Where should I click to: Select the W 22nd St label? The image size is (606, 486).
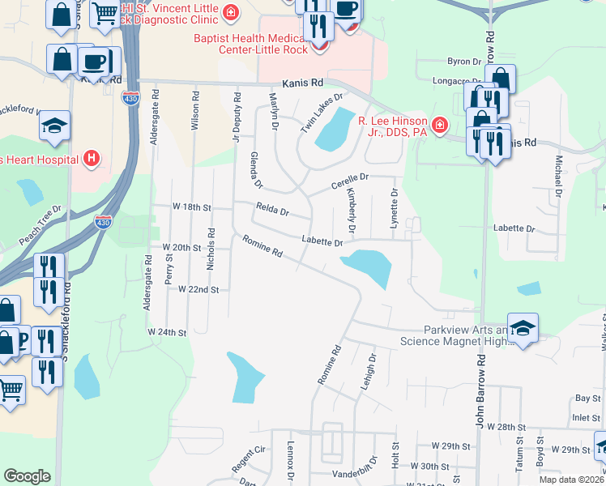point(198,289)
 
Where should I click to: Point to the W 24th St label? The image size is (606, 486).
point(167,332)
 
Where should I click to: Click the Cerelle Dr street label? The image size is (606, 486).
point(350,180)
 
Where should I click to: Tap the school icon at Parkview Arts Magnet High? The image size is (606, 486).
point(523,328)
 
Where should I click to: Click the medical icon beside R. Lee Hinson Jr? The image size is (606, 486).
point(439,125)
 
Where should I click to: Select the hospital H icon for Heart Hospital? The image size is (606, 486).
point(92,158)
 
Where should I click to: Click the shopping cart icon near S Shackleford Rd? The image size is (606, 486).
point(11,390)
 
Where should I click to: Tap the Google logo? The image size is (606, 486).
point(27,476)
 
